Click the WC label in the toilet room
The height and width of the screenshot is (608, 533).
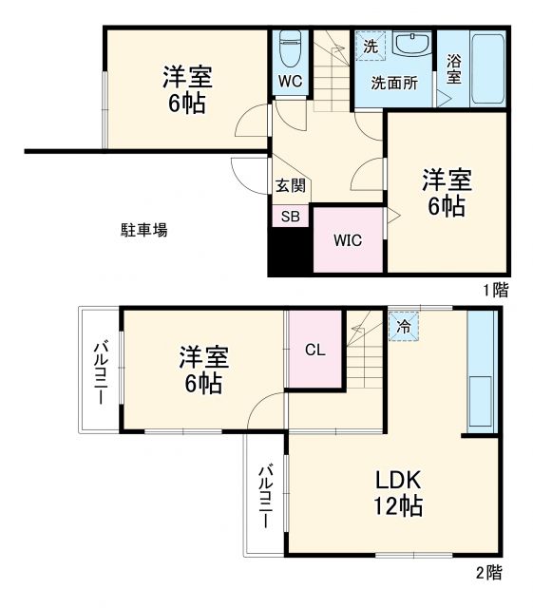[x=290, y=81]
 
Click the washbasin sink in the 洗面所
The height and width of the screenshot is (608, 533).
[x=410, y=45]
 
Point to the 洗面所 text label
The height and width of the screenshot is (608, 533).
[x=393, y=82]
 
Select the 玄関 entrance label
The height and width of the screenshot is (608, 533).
[x=290, y=186]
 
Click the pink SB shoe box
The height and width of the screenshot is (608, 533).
[x=291, y=216]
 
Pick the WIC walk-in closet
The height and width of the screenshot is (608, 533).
[x=348, y=239]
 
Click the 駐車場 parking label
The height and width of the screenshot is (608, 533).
[x=143, y=229]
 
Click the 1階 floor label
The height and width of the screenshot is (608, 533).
[x=493, y=290]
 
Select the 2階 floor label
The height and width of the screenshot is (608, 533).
[x=490, y=573]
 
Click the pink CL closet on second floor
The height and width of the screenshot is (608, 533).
[x=314, y=349]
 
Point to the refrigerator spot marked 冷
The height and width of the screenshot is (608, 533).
[x=403, y=326]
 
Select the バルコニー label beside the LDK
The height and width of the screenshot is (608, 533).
[x=266, y=496]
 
